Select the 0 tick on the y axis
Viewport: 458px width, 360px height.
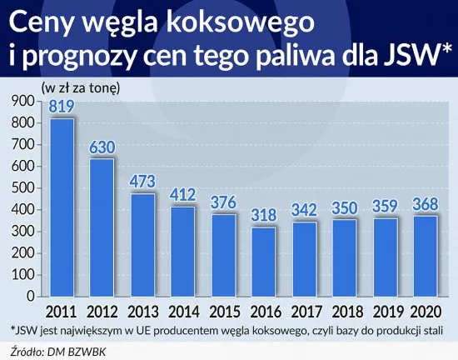(31, 296)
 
